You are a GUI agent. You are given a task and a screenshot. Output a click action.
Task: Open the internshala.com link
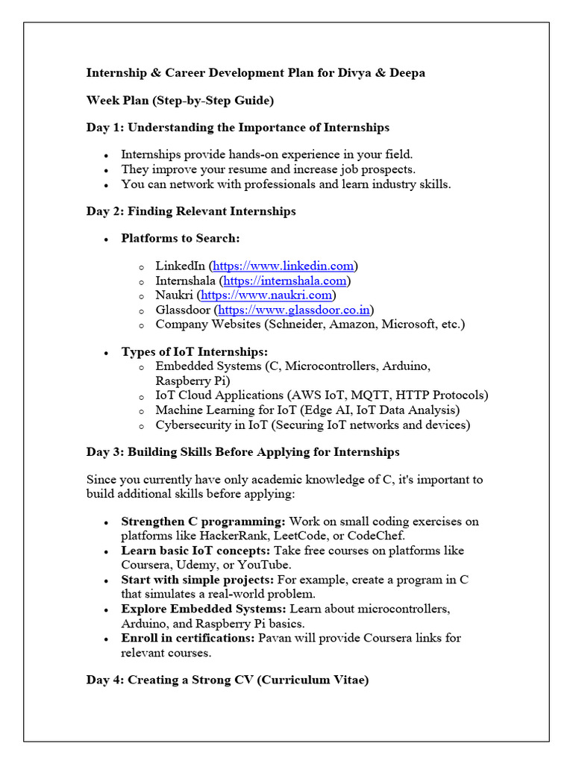point(285,281)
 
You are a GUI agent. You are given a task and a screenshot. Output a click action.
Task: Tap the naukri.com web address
point(266,295)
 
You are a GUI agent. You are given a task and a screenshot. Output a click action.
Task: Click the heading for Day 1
point(237,128)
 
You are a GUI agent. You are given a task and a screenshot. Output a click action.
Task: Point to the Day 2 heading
point(191,211)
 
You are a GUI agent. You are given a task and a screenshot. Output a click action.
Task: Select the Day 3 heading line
point(242,452)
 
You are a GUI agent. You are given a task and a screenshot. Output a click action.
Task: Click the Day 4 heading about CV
point(227,680)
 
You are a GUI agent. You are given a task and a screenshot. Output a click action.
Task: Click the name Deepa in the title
point(408,73)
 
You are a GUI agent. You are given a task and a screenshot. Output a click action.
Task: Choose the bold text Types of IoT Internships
point(194,351)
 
